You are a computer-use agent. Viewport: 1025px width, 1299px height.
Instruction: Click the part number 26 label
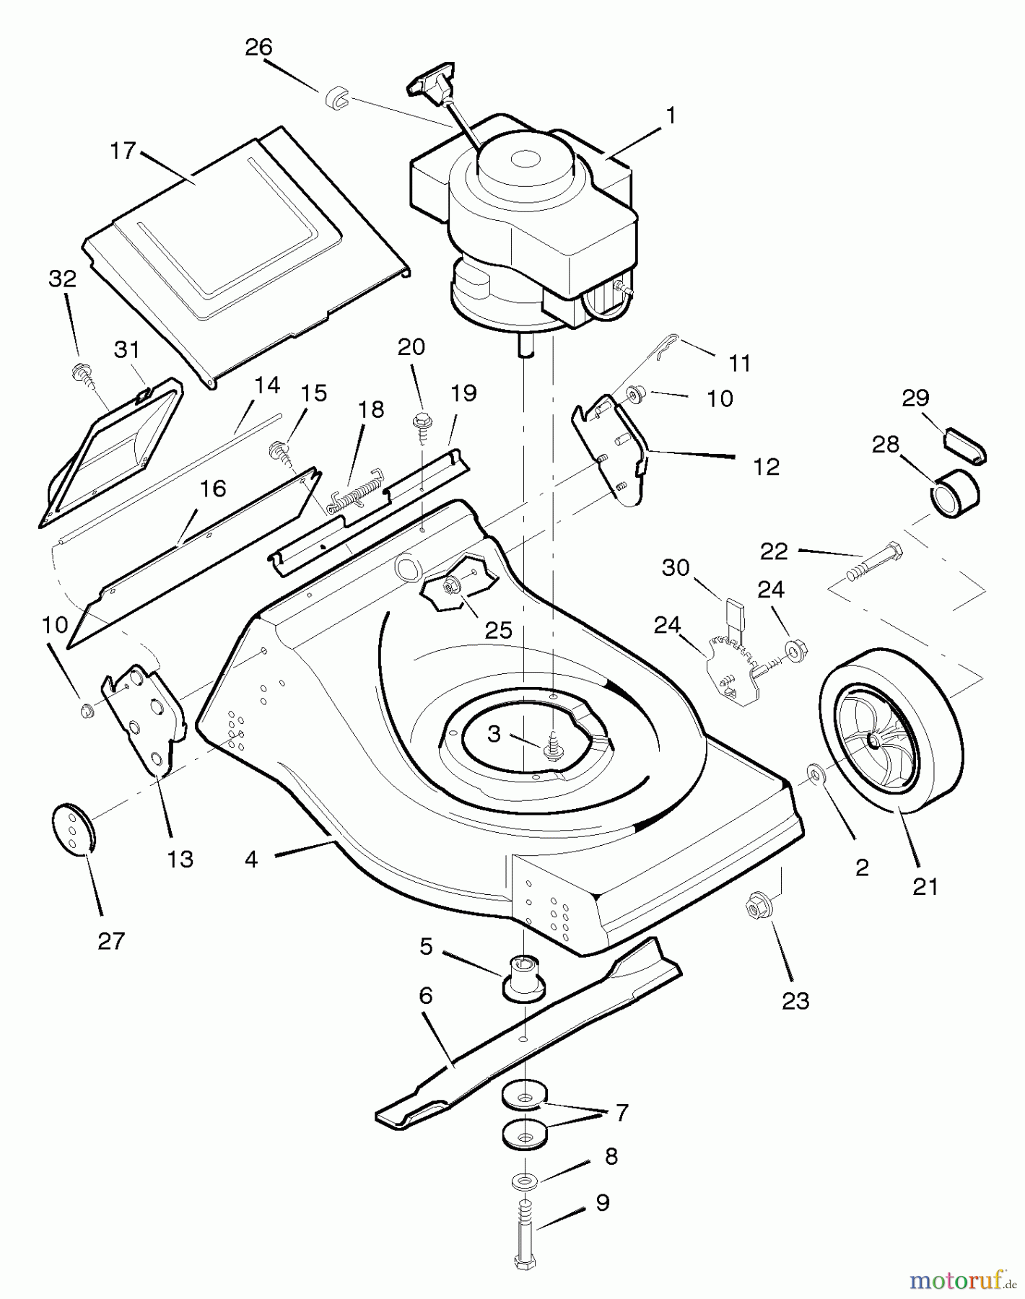click(258, 48)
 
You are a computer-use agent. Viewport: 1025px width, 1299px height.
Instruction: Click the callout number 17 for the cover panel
click(123, 151)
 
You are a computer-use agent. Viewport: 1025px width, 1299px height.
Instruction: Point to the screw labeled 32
click(82, 375)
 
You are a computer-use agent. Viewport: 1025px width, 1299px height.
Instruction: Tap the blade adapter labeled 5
click(523, 977)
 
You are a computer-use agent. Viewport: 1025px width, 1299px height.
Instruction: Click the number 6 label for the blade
click(426, 996)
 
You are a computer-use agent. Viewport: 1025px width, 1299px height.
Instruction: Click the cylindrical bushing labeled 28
click(952, 493)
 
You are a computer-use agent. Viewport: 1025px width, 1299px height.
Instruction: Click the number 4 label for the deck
click(251, 859)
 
